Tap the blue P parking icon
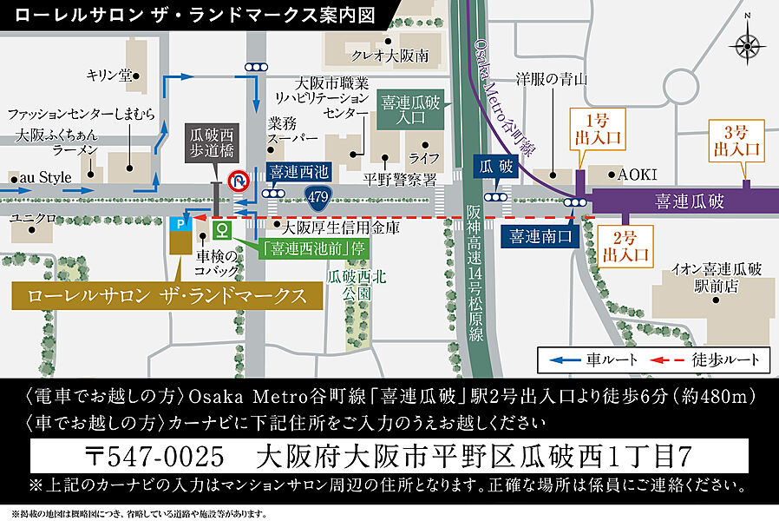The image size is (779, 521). [x=179, y=224]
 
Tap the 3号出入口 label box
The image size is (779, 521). [x=736, y=141]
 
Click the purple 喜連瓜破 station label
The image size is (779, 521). [x=691, y=201]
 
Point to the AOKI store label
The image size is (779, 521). [x=638, y=175]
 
